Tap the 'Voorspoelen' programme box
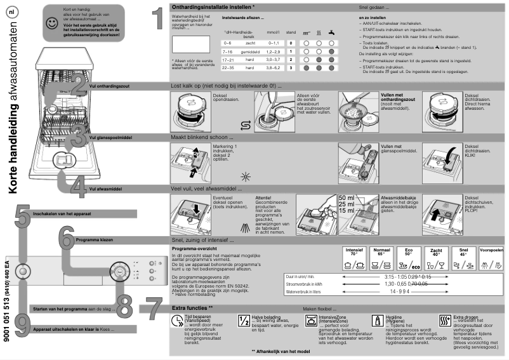493,256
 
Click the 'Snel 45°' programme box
464,256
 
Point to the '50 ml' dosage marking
347,197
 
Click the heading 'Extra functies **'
192,307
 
